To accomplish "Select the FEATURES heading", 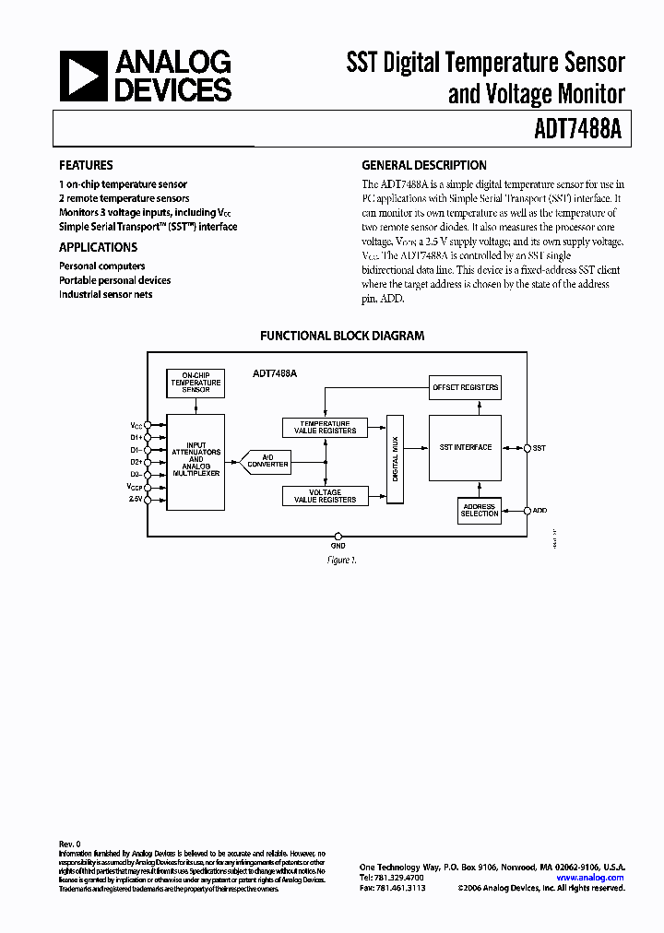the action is click(x=86, y=165).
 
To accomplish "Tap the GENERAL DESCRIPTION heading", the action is click(x=424, y=165).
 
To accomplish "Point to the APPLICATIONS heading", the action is click(x=98, y=247).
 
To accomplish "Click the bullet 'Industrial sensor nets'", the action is click(x=106, y=294).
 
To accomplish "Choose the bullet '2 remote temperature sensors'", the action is click(x=125, y=198).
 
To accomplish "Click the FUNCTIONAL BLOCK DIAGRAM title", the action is click(x=342, y=337).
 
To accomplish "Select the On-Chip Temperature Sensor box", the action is click(x=195, y=382).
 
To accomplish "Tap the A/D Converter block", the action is click(x=267, y=462).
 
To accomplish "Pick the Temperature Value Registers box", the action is click(x=325, y=427).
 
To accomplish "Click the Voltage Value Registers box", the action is click(x=325, y=496).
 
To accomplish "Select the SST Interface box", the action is click(x=468, y=447).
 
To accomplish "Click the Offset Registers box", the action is click(x=466, y=387).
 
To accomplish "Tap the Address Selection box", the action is click(x=480, y=510).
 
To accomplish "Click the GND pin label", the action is click(x=338, y=544).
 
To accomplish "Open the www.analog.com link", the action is click(x=590, y=878).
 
